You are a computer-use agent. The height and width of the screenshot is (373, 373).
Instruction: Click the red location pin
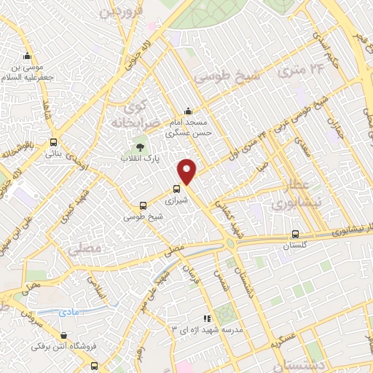click(x=188, y=171)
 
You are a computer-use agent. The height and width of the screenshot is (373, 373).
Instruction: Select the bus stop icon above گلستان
click(x=295, y=235)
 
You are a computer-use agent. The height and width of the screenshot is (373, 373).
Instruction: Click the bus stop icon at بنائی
click(x=54, y=143)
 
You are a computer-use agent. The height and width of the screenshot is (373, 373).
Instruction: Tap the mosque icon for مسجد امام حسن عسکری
click(x=189, y=111)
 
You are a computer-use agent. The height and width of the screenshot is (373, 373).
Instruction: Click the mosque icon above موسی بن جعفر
click(x=28, y=56)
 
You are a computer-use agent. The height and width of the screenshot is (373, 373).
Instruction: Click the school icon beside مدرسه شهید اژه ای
click(x=208, y=318)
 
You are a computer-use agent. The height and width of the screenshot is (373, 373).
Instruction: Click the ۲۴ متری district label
click(x=299, y=71)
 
